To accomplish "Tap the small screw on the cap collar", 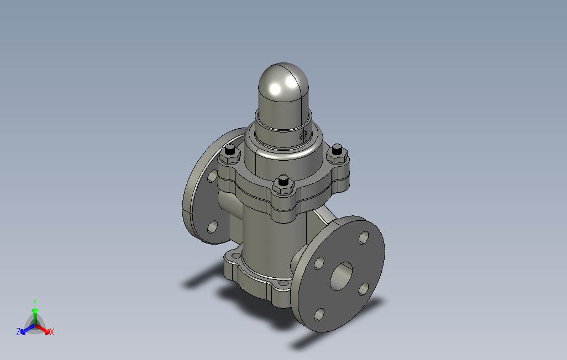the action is pos(303,135).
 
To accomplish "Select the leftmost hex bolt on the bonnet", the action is pos(230,154).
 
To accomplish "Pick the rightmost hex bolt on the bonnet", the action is pos(337,154).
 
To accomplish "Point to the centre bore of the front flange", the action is pos(342,276).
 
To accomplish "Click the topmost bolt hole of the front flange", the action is pos(364,237).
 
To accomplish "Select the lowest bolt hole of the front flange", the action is pos(319,314).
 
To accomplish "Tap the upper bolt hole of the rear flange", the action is pos(212,176).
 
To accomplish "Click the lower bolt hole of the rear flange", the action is pos(213,226).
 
